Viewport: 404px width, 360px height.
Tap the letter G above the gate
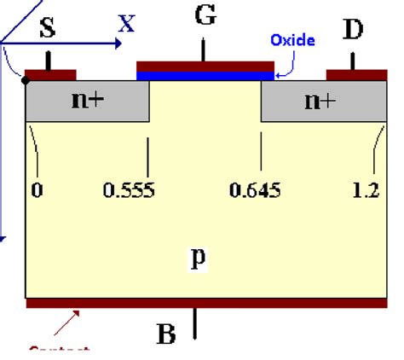tap(205, 16)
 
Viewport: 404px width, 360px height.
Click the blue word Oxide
tap(292, 40)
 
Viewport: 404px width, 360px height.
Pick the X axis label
tap(126, 24)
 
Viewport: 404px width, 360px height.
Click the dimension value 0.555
tap(129, 190)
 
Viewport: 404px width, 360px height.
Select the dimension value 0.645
tap(255, 190)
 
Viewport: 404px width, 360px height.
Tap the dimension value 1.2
tap(365, 190)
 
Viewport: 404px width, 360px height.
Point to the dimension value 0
tap(37, 190)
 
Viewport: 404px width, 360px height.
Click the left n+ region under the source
tap(87, 101)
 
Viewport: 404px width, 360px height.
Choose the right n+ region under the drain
tap(319, 101)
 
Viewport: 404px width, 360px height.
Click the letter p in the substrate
tap(198, 258)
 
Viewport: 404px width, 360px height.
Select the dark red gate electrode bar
tap(205, 66)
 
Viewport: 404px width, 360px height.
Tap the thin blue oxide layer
tap(205, 76)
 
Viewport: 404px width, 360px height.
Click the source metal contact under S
tap(50, 74)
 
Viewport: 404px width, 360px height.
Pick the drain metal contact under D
tap(352, 74)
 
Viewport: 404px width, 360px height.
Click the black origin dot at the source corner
tap(26, 81)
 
